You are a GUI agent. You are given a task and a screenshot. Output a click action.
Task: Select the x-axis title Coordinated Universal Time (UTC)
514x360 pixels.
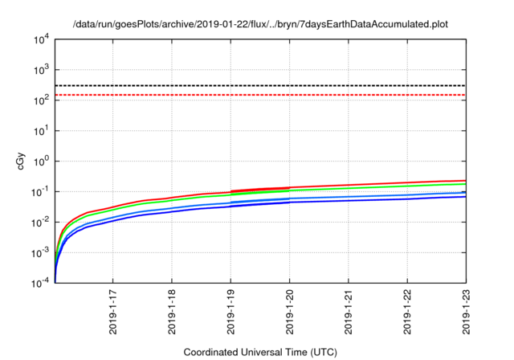point(259,352)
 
